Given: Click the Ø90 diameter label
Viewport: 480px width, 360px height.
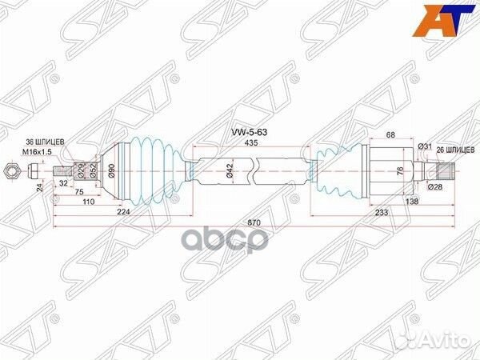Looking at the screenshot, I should [x=111, y=170].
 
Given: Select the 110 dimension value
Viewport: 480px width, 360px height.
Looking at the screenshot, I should [x=89, y=203].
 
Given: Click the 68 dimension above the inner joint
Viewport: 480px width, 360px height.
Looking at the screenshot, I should [x=391, y=135].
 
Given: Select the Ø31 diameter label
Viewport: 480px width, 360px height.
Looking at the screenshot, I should [x=425, y=146].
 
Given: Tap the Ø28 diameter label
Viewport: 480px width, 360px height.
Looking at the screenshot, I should [x=435, y=186].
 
